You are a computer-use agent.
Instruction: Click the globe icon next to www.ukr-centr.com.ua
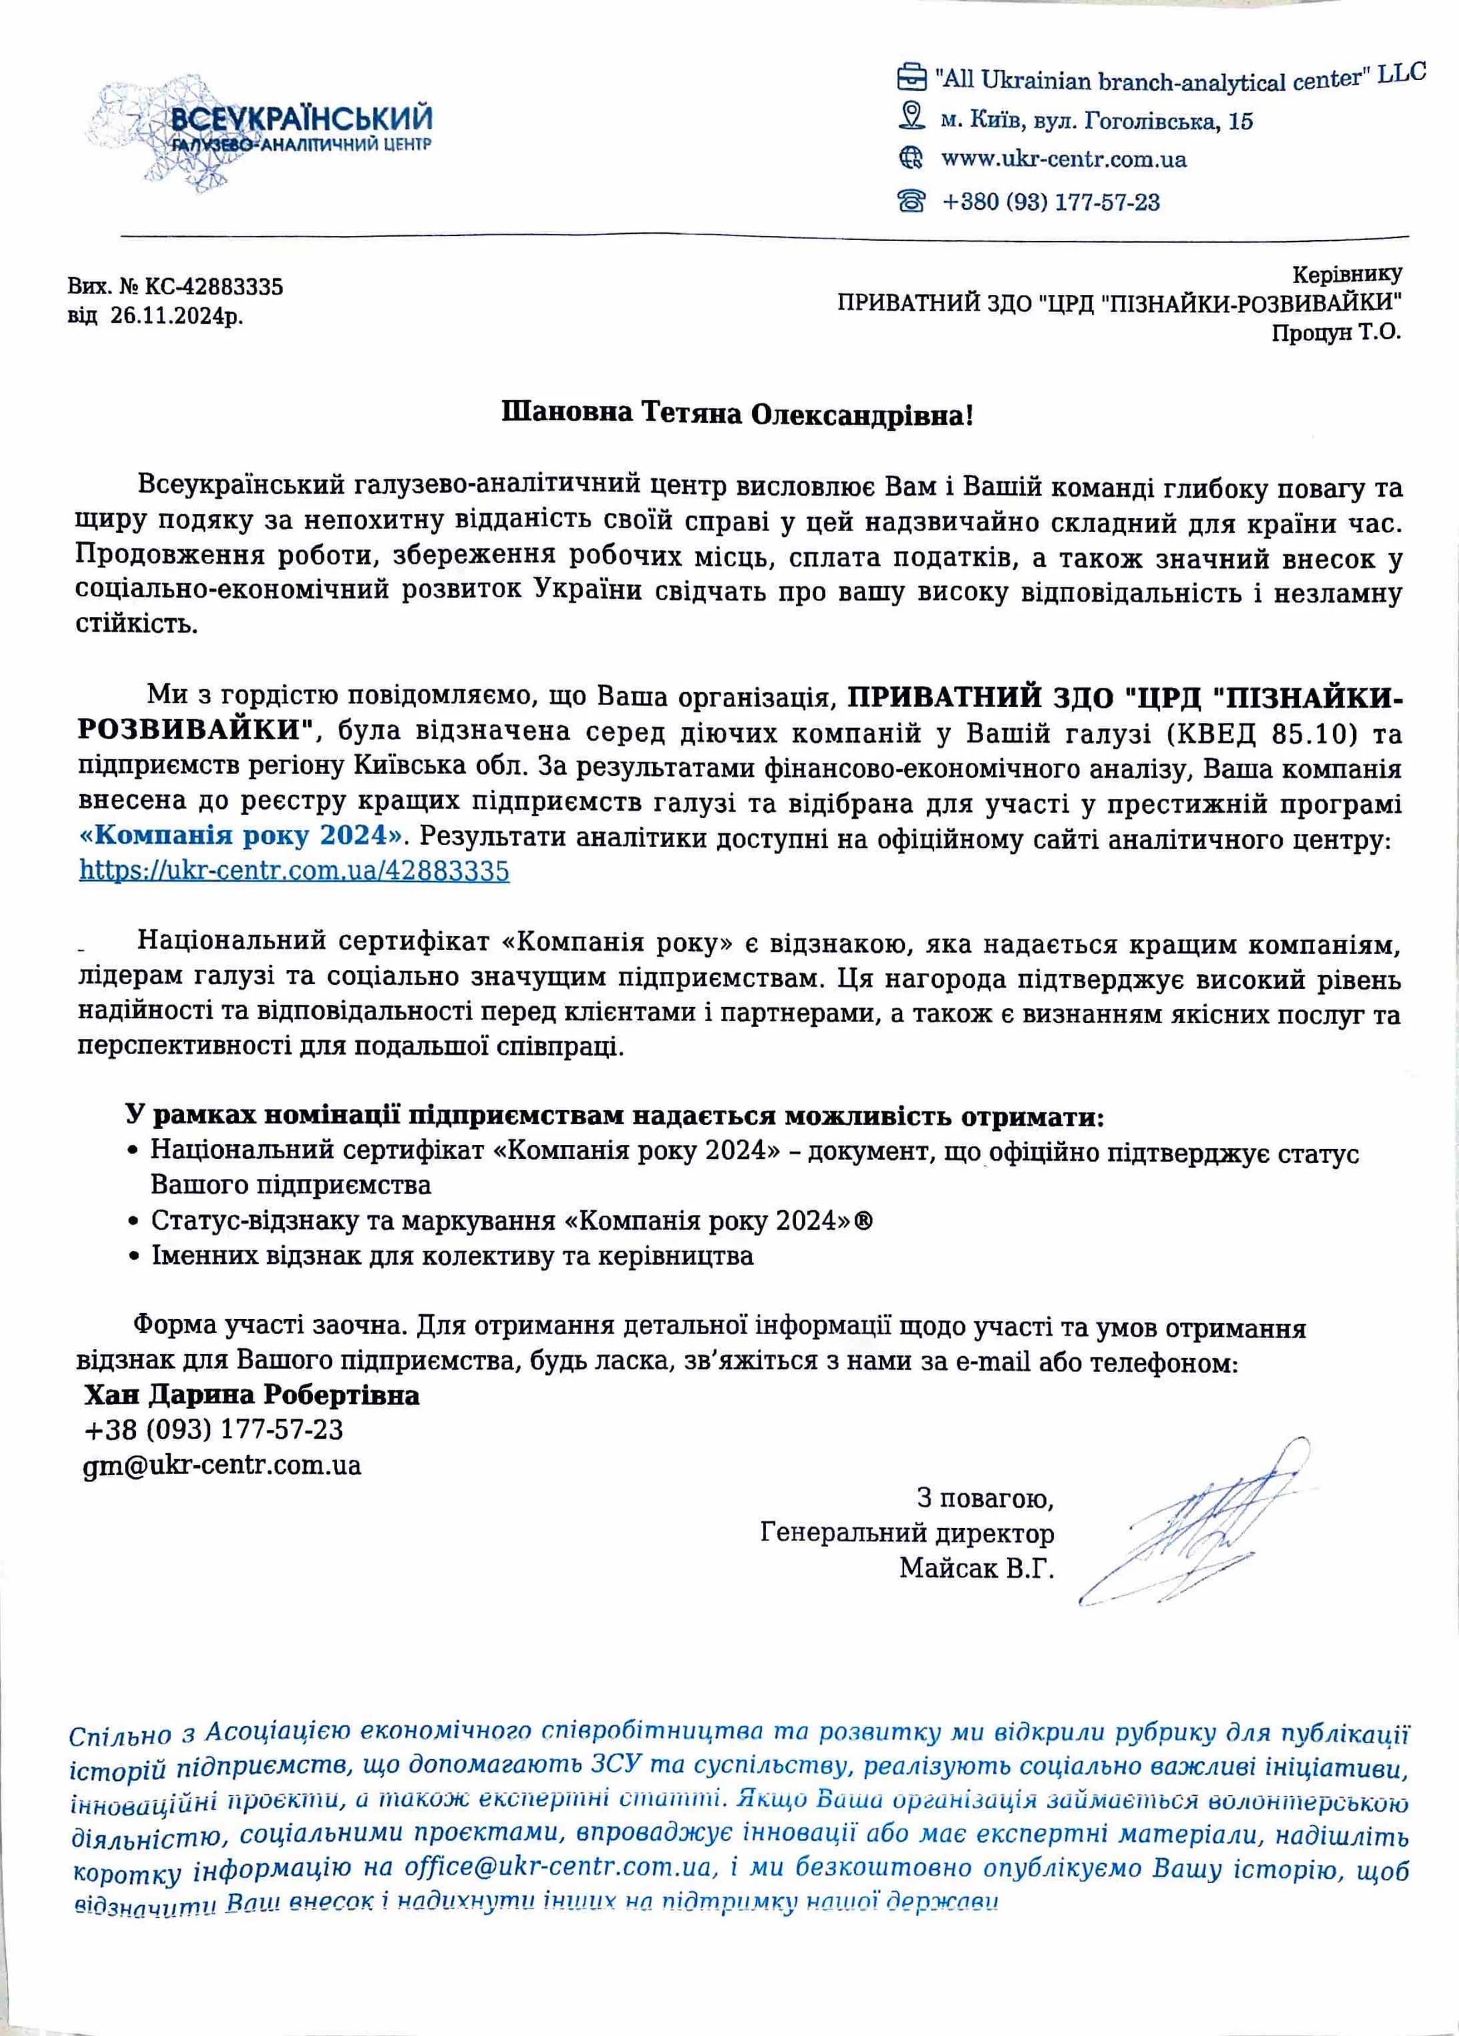911,159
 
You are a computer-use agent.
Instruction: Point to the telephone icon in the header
911,201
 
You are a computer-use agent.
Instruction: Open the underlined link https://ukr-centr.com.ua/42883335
294,870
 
